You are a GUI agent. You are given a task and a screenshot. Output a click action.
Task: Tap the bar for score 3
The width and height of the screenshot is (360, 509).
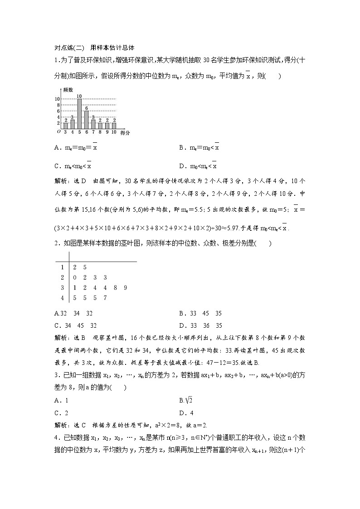[x=65, y=126]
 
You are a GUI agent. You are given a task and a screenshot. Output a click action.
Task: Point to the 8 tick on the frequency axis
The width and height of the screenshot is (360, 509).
[x=58, y=105]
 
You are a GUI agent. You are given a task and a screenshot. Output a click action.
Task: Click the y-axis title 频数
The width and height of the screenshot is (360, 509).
[x=68, y=91]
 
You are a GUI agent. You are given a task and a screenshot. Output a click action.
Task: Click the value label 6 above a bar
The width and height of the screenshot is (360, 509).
[x=86, y=108]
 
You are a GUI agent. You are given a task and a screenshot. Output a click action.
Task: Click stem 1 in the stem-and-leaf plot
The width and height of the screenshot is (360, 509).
[x=62, y=267]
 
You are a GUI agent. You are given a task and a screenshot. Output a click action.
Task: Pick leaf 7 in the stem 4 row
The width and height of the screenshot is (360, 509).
[x=105, y=298]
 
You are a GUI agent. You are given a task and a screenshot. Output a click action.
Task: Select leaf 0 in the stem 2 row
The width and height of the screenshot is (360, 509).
[x=74, y=277]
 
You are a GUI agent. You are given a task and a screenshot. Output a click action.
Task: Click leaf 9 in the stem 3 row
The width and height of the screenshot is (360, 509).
[x=125, y=288]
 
